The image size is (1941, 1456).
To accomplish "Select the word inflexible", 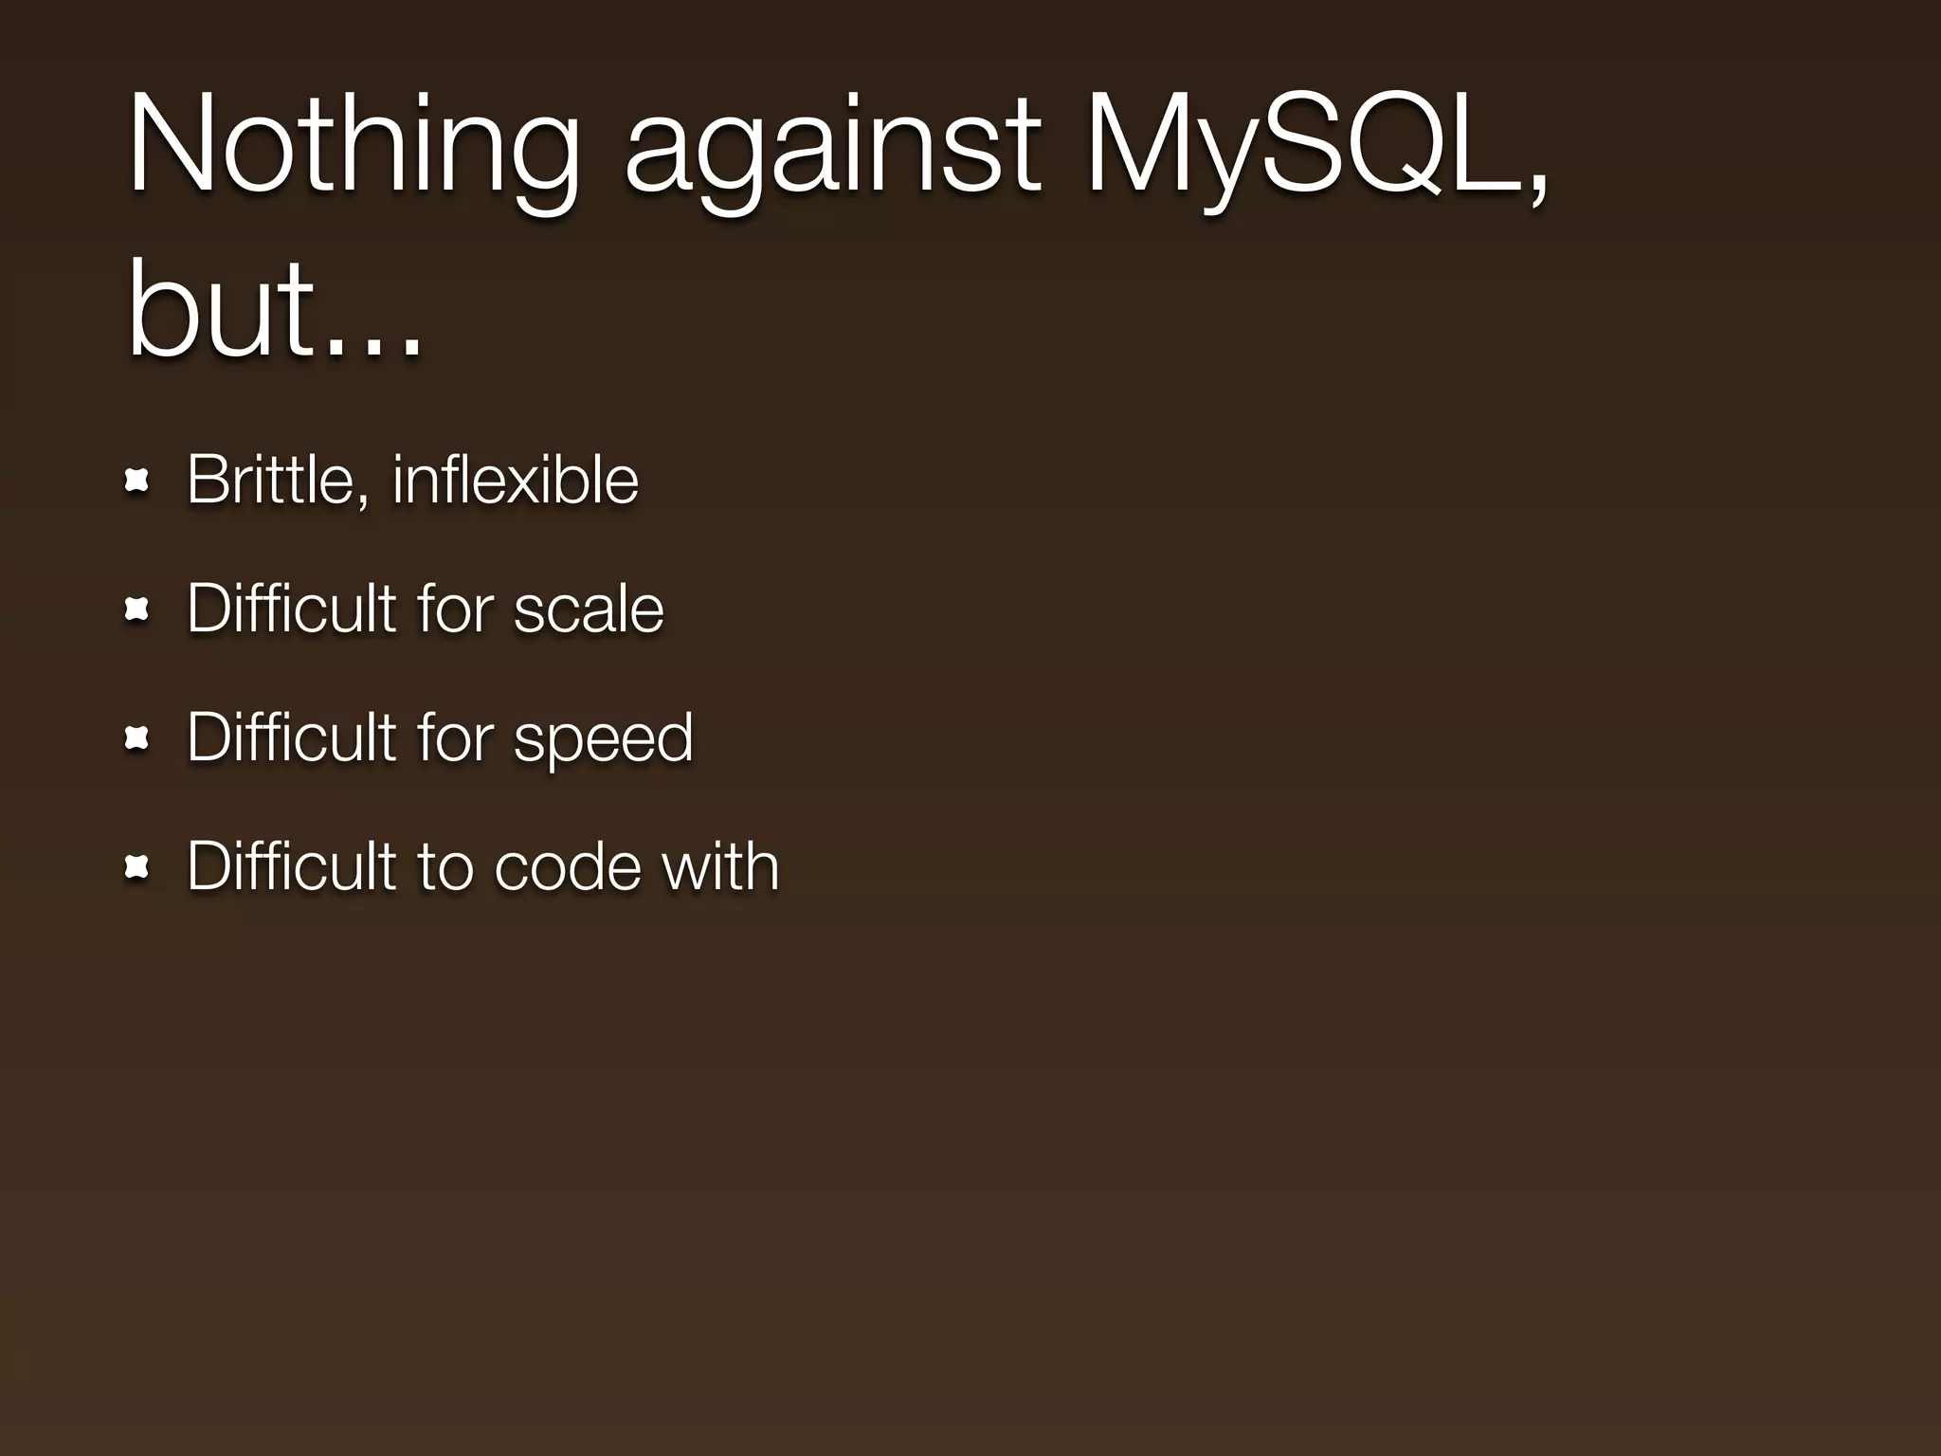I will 516,480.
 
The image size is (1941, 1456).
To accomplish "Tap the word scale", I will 589,609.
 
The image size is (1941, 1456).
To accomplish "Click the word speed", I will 604,739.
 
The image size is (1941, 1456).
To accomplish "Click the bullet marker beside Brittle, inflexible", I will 138,482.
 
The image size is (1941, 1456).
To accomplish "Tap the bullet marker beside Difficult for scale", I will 138,611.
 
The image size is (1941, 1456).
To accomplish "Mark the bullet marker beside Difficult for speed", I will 138,739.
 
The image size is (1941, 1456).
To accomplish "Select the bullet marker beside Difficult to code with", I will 138,868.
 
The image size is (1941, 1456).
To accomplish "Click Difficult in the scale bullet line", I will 291,609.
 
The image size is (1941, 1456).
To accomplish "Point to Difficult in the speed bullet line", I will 291,737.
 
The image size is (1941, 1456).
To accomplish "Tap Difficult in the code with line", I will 291,866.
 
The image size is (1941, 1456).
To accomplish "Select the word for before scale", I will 455,609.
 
